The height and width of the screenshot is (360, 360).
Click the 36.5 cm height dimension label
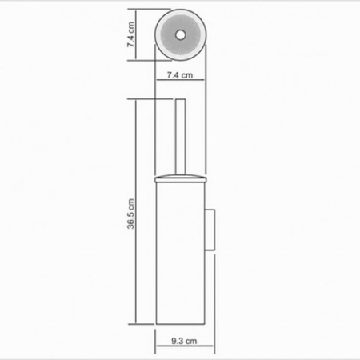coord(131,214)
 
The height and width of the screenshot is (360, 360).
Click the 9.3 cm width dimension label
coord(184,341)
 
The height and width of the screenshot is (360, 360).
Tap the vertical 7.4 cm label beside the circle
coord(130,34)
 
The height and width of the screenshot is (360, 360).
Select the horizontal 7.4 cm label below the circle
coord(180,75)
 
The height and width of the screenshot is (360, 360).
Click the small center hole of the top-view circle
coord(180,34)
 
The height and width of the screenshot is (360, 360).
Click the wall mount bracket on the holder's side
coord(210,230)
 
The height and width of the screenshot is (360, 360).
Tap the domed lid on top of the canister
coord(181,178)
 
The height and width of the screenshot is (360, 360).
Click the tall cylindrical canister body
coord(181,253)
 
